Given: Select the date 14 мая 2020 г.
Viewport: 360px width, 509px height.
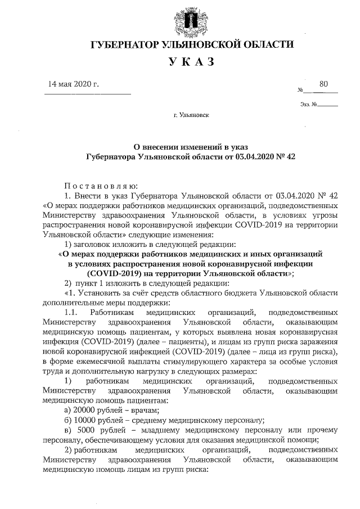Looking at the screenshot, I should point(74,85).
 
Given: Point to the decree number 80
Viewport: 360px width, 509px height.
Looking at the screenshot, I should point(323,84).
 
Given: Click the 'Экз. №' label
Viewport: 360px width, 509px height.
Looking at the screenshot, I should point(309,104).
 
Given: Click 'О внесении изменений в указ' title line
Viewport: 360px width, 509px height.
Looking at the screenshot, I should point(191,148).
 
